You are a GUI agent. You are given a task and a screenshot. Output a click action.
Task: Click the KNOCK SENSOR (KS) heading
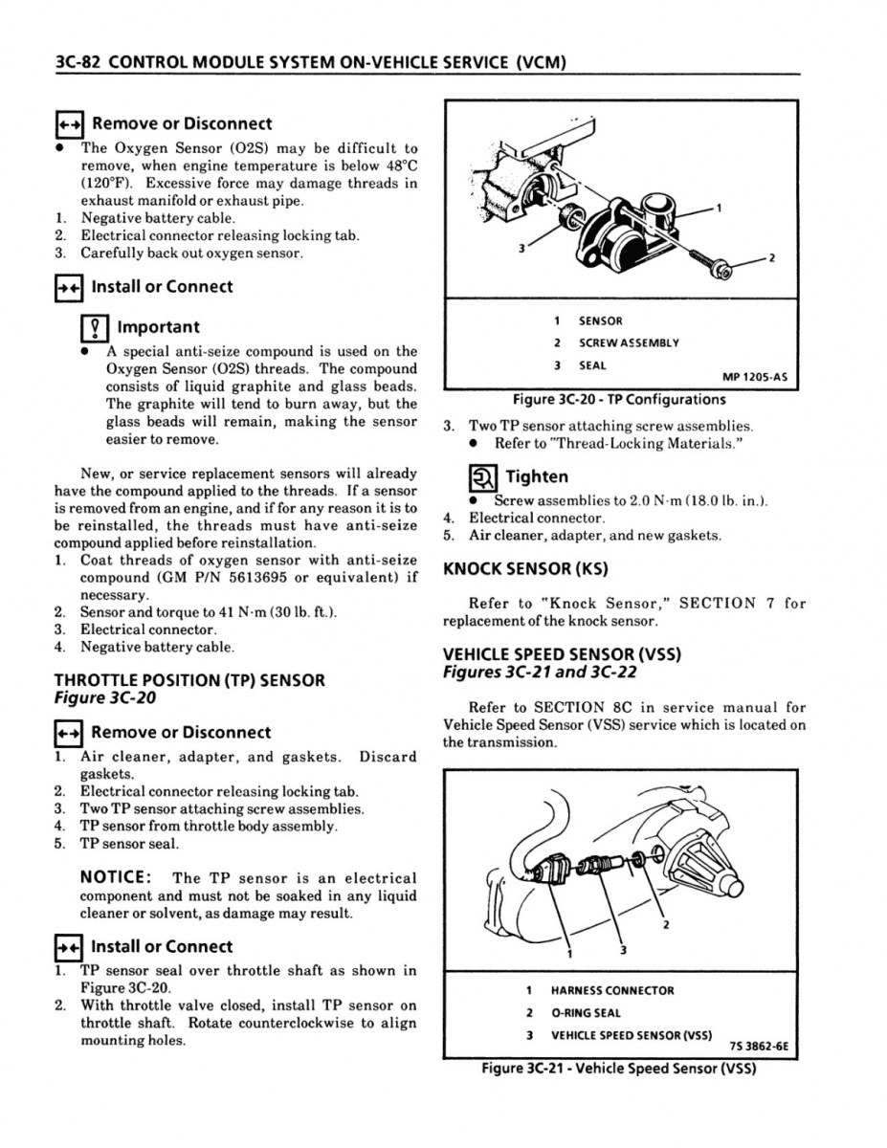(525, 569)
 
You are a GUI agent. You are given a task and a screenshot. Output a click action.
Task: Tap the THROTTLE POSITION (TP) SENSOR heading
(189, 680)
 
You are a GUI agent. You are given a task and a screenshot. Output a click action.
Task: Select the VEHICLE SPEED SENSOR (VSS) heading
(562, 654)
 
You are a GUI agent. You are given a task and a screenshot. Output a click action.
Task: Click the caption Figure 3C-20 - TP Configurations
(618, 400)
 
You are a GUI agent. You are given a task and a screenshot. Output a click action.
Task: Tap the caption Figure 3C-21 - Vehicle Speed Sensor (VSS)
(618, 1069)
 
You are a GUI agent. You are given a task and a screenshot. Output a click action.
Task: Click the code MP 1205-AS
(755, 377)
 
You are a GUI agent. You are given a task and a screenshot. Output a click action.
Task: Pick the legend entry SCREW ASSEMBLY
(629, 342)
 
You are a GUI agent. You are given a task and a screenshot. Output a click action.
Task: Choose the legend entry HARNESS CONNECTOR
(612, 990)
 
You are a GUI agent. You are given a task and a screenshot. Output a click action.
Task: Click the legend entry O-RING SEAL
(586, 1012)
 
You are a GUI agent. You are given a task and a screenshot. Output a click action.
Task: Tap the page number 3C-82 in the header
(77, 63)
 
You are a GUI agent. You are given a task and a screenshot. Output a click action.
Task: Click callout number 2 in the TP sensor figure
(771, 259)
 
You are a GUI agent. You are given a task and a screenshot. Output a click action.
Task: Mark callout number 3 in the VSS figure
(622, 950)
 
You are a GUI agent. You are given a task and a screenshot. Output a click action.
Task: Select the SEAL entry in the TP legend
(592, 364)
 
